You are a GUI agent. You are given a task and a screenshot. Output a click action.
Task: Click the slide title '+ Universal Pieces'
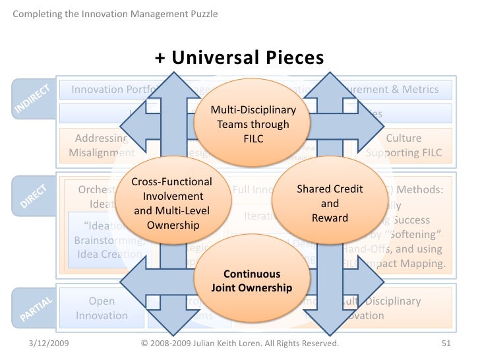tap(239, 58)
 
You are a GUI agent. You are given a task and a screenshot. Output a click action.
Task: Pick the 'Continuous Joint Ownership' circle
tap(251, 281)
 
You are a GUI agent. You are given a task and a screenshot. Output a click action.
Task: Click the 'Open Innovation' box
tap(102, 308)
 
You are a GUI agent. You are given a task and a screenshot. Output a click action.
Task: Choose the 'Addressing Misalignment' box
tap(102, 146)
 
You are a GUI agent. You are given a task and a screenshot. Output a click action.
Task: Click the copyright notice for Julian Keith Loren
tap(240, 344)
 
